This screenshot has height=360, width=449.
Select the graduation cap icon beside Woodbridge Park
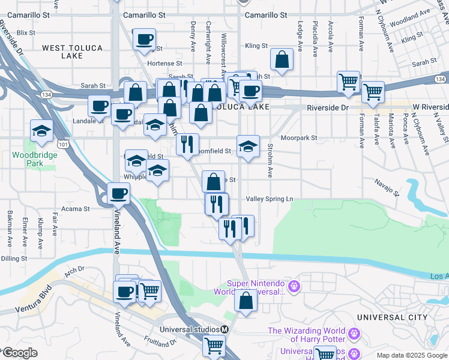[42, 130]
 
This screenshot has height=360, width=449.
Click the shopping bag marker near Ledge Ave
[282, 59]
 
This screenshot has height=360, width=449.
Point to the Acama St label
[78, 209]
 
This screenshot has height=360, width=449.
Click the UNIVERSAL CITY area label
[391, 317]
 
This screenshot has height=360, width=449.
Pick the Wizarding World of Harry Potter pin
[355, 332]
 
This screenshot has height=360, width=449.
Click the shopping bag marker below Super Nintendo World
[246, 301]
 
